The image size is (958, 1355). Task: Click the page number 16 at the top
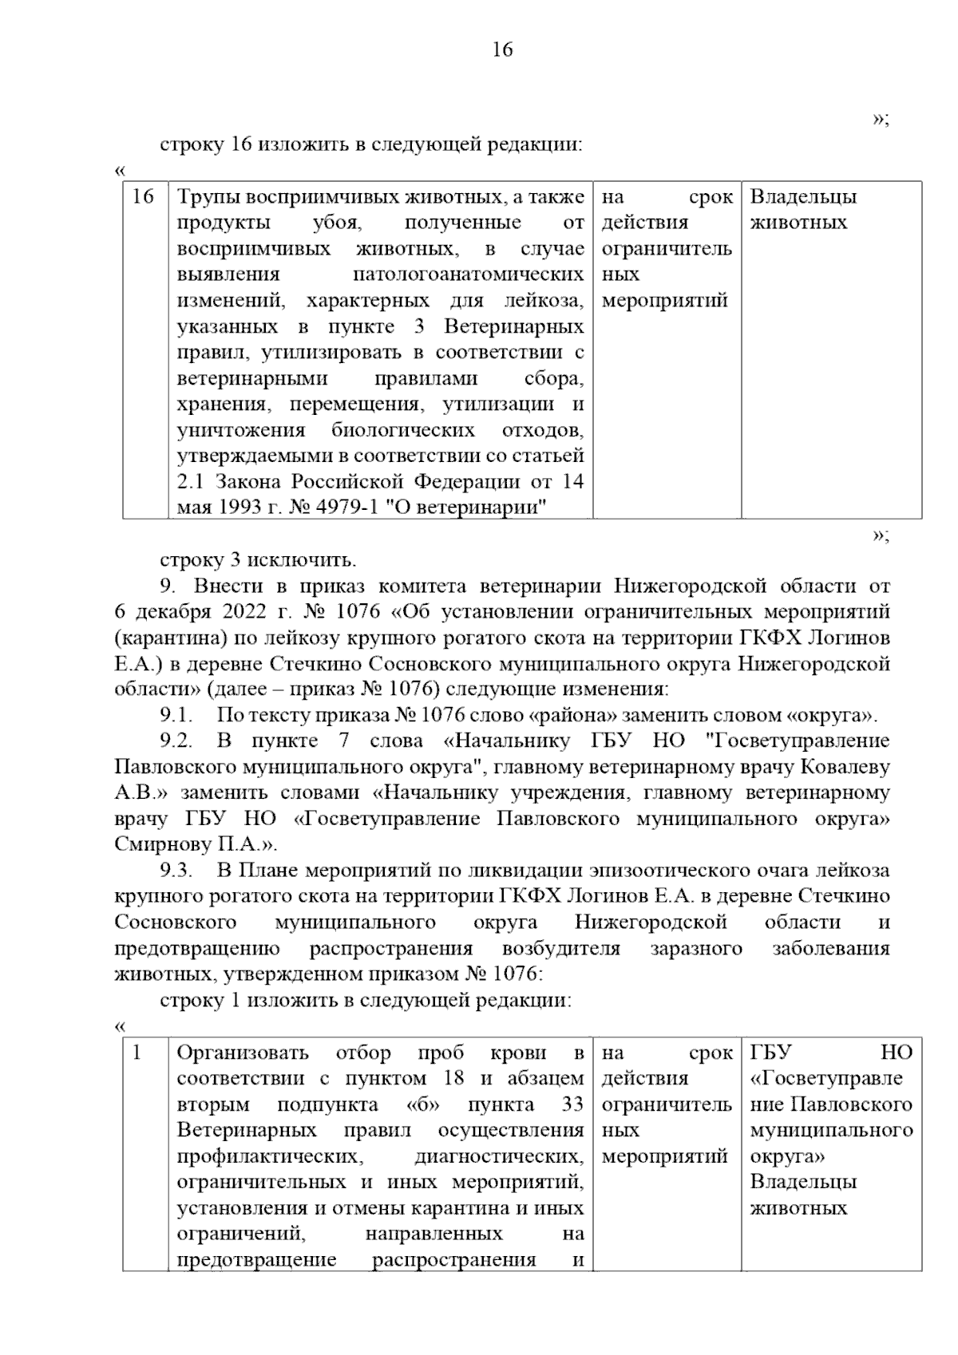[502, 50]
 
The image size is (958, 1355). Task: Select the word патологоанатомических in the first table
[468, 275]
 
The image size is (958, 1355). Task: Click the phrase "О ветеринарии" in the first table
[465, 508]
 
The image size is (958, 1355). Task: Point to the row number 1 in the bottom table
[137, 1053]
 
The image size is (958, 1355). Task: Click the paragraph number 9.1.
[176, 715]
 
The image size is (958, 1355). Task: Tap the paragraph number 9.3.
[176, 871]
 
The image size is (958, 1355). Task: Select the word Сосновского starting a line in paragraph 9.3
[176, 922]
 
